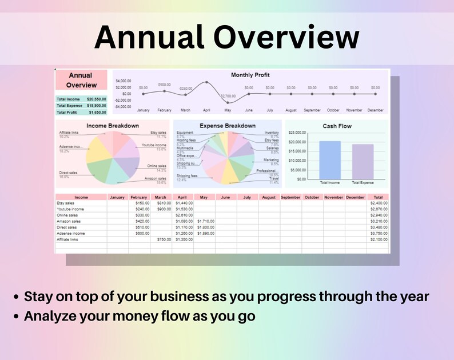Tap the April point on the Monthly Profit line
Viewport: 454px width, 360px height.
(x=206, y=82)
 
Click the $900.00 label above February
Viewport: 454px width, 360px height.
(x=164, y=85)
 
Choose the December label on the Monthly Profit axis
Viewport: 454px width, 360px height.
(x=375, y=110)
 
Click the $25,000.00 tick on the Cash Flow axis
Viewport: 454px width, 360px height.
(x=298, y=133)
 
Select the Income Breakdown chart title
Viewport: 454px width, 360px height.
(x=113, y=126)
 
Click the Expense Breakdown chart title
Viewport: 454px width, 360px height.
(x=228, y=126)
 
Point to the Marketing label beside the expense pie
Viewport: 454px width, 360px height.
(x=271, y=160)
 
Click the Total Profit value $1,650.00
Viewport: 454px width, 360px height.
(x=96, y=113)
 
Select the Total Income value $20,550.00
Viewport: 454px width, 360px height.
(x=96, y=99)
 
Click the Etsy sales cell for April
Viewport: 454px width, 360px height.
(x=184, y=203)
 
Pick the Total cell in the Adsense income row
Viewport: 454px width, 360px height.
(x=379, y=233)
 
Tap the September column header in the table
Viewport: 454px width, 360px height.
(x=290, y=197)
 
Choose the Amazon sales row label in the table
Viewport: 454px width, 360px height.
(x=69, y=221)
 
